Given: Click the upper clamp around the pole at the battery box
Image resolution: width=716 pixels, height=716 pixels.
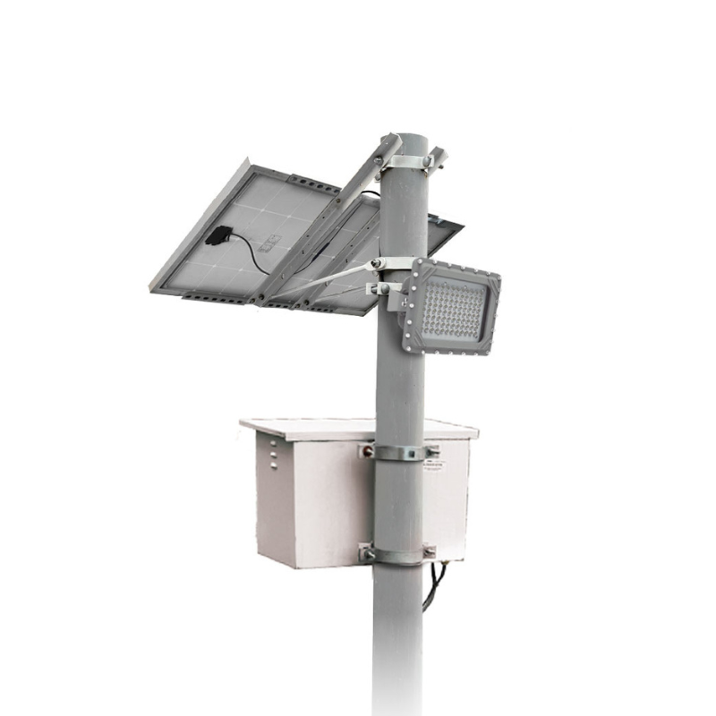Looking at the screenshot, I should (399, 453).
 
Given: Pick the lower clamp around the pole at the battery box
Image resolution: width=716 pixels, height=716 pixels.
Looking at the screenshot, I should (397, 555).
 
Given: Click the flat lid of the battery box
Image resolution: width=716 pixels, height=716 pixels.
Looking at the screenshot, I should (358, 428).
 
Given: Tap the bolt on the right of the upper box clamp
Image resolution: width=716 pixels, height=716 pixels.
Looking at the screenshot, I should (430, 451).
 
